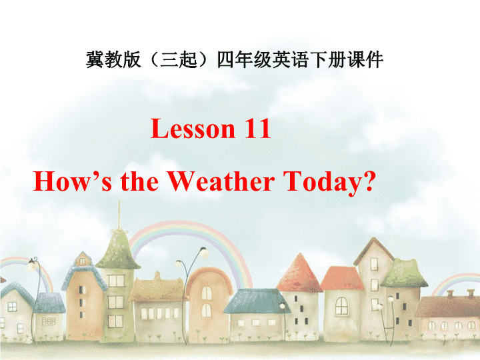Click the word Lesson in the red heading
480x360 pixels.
point(193,129)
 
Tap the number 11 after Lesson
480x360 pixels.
point(258,129)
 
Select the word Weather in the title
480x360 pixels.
point(221,181)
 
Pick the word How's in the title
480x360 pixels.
point(72,181)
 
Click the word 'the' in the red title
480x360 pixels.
point(139,181)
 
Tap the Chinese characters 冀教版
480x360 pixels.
point(113,59)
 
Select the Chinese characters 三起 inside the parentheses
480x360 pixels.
point(179,59)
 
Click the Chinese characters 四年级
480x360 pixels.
point(244,59)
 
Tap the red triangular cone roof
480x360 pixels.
point(299,273)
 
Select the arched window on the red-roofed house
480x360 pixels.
point(341,305)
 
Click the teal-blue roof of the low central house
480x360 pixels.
point(257,301)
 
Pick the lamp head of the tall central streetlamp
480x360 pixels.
point(203,253)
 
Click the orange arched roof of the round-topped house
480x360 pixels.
point(209,275)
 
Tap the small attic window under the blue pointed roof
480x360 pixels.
point(82,261)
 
